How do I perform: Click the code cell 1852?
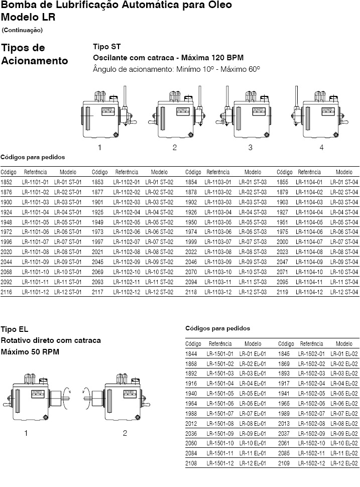tap(7, 182)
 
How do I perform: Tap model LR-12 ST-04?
tap(344, 292)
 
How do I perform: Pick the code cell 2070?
tap(191, 272)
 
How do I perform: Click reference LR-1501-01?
tap(220, 354)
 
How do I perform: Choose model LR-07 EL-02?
tap(344, 413)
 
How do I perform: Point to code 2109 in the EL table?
tap(286, 462)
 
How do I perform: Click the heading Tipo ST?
tap(106, 46)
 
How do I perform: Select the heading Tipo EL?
tap(15, 329)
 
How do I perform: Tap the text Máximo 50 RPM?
tap(30, 351)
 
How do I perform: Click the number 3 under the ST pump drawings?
tap(250, 148)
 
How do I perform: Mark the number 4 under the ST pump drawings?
tap(321, 148)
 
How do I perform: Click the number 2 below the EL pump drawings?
tap(125, 433)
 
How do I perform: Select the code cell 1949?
tap(99, 222)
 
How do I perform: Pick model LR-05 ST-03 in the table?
tap(253, 222)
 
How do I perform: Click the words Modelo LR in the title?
tap(28, 17)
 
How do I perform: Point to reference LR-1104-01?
tap(309, 182)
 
